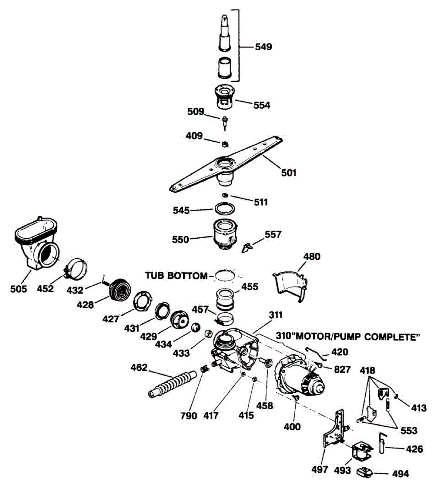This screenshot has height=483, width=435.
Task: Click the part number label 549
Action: [263, 47]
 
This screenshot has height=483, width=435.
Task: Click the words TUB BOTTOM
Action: [176, 276]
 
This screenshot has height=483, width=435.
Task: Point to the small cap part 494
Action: [365, 471]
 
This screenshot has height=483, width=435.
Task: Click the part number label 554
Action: [262, 105]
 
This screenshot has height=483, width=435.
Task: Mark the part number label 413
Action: [418, 408]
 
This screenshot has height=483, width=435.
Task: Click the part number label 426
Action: [415, 449]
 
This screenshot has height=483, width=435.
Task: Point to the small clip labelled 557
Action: [246, 247]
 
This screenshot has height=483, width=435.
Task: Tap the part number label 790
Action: [189, 415]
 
